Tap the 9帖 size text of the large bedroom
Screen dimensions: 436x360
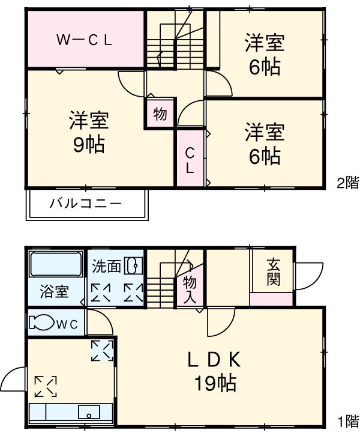pos(88,144)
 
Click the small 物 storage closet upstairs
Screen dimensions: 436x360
pos(160,114)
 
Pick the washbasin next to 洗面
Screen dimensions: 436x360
pos(133,265)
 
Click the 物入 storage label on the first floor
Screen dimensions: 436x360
pos(190,289)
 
